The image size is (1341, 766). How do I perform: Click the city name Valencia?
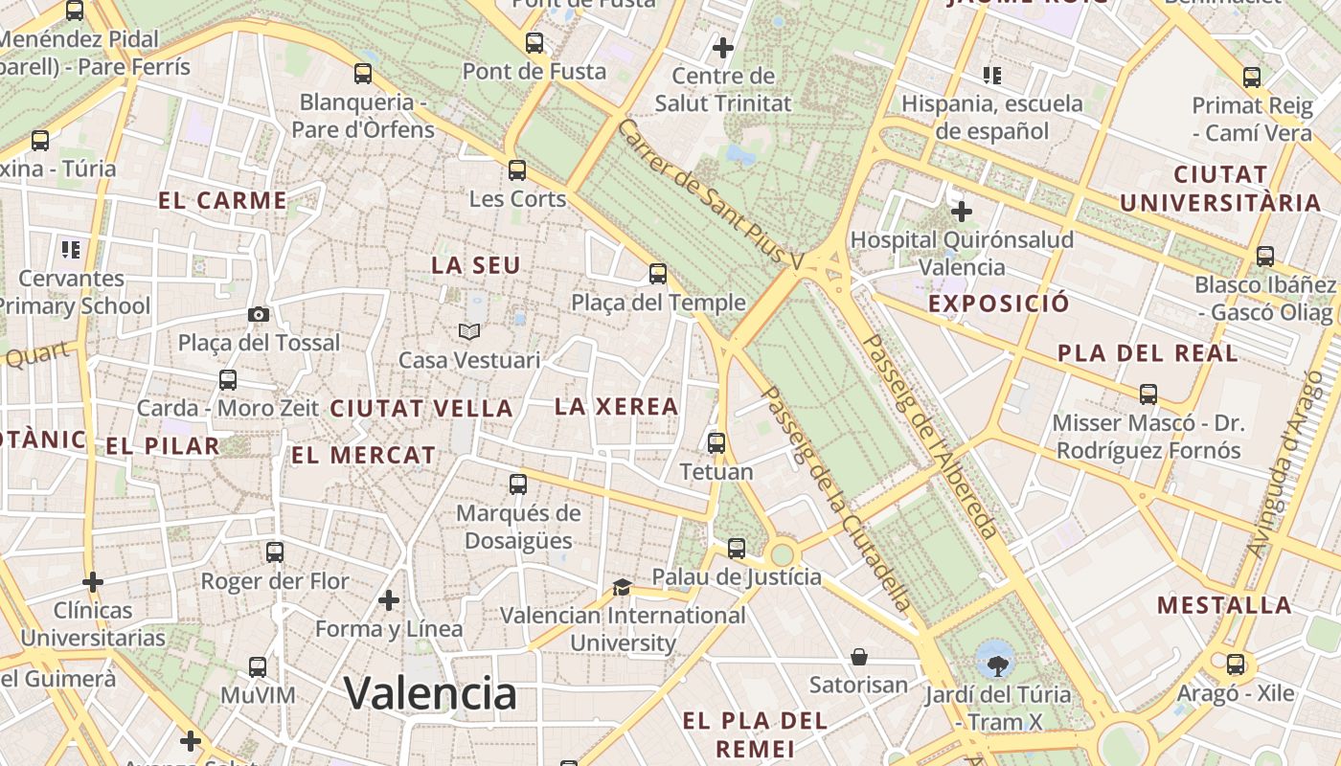pos(430,692)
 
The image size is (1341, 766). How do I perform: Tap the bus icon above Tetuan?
pos(716,442)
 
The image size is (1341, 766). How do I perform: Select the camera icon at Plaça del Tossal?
pos(258,314)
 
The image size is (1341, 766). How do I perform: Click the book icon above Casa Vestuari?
pos(468,331)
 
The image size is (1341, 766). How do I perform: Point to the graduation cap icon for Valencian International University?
pos(622,586)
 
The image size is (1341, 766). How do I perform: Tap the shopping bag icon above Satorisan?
pos(859,656)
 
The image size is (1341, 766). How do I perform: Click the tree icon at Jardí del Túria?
pos(997,662)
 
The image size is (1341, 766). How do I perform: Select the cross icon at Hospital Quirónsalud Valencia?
pos(961,211)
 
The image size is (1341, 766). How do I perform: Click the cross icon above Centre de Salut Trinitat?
pos(723,47)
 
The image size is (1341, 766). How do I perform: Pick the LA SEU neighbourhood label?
pos(476,265)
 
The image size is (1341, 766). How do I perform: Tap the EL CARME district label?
pos(222,200)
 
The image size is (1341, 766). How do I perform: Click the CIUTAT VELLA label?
pos(421,408)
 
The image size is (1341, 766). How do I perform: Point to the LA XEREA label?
pos(617,406)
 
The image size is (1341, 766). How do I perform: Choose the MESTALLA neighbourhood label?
pos(1224,605)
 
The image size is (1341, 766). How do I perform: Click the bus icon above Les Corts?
pos(517,170)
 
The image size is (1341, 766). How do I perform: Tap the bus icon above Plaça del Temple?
pos(658,274)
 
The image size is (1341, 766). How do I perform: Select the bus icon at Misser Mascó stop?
pos(1148,394)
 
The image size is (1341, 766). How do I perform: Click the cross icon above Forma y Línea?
pos(389,600)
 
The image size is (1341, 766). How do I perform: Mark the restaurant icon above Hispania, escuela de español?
pos(991,75)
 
